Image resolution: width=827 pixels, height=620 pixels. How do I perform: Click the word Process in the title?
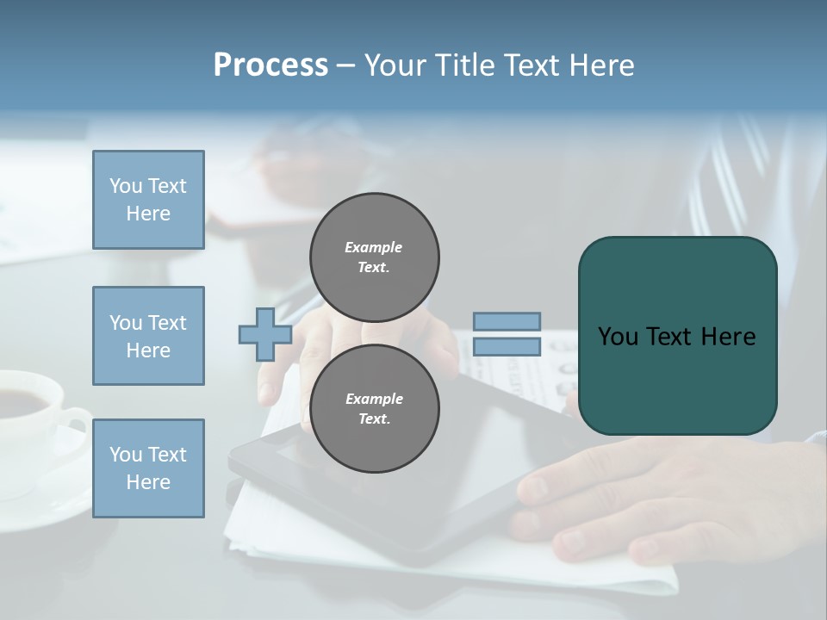[x=270, y=65]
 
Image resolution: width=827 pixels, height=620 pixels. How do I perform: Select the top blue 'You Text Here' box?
[x=148, y=200]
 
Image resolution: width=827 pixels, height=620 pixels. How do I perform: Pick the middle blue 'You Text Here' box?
[x=148, y=336]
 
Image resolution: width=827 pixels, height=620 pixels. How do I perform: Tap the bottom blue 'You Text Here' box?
[x=148, y=468]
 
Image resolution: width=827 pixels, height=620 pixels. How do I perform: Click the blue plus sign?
[x=265, y=334]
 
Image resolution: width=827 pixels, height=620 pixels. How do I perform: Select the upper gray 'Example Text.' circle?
[x=375, y=257]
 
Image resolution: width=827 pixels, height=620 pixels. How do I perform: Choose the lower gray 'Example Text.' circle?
[x=375, y=408]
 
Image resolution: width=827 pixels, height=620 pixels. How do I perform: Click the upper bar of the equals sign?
[x=507, y=321]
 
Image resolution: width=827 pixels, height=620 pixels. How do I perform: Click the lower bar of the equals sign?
[x=507, y=347]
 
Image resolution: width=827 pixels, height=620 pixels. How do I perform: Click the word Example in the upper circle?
[x=373, y=247]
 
